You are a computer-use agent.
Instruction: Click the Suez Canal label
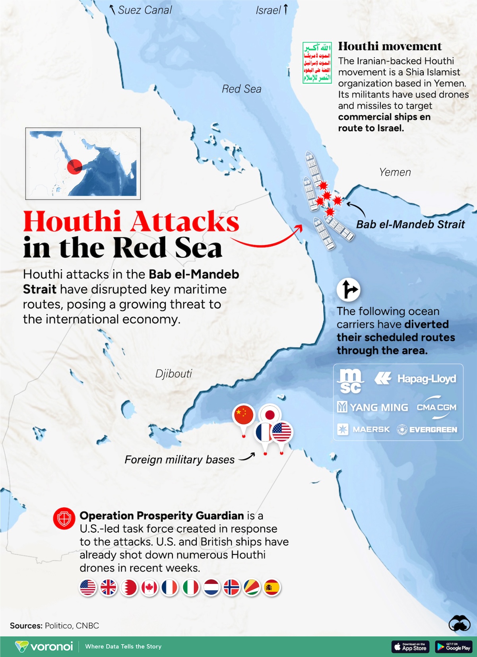click(145, 10)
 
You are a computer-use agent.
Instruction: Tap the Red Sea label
click(242, 89)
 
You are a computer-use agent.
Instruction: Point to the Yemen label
click(395, 172)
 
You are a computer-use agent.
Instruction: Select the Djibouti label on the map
click(174, 373)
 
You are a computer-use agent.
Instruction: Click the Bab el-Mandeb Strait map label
click(410, 224)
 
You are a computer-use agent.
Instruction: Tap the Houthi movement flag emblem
click(317, 62)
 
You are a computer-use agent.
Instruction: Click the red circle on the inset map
click(75, 167)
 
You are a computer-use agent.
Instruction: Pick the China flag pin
click(244, 416)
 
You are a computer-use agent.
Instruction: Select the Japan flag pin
click(270, 415)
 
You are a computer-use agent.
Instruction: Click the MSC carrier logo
click(351, 381)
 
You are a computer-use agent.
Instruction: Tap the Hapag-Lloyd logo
click(416, 379)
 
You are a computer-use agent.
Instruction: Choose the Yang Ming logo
click(373, 407)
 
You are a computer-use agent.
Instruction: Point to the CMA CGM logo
click(436, 407)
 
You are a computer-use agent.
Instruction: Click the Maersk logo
click(364, 430)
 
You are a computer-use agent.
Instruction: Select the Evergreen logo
click(427, 430)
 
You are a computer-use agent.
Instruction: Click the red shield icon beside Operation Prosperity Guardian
click(64, 519)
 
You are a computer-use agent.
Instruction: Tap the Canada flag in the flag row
click(149, 587)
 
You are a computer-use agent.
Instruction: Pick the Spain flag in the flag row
click(272, 587)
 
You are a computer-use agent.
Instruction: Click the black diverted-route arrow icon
click(348, 290)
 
